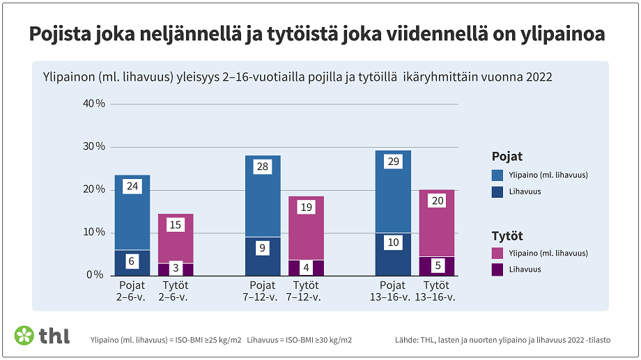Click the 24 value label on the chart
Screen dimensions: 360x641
[132, 186]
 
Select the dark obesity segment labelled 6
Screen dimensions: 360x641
[132, 262]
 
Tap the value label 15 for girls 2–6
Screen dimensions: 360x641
[176, 225]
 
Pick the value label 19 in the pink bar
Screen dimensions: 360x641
[306, 207]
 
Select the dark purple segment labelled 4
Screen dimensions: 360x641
[306, 267]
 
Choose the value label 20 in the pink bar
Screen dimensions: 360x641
[436, 201]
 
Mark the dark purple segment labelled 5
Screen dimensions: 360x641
[436, 266]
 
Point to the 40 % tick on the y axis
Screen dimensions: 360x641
[93, 104]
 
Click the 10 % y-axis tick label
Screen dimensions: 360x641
[93, 232]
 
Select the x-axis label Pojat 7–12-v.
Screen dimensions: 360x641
[263, 291]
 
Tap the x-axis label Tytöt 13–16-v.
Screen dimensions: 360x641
[436, 291]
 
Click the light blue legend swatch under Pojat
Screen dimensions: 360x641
[497, 175]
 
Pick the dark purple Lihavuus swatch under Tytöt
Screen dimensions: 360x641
[497, 269]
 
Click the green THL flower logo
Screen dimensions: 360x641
[24, 336]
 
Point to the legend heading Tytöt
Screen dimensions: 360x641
[507, 236]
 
